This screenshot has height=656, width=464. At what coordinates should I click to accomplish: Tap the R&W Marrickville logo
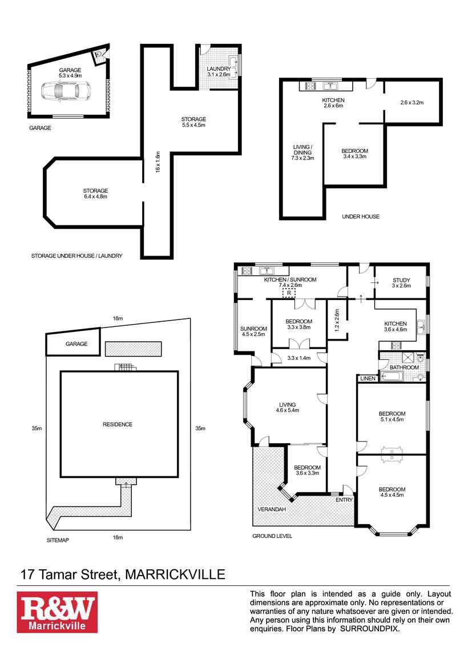(57, 612)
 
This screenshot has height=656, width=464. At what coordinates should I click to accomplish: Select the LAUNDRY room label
(219, 69)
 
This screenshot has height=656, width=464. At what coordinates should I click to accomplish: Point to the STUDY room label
(401, 280)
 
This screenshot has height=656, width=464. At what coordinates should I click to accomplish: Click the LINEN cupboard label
(366, 378)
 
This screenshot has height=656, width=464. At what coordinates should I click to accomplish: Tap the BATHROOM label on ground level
(404, 367)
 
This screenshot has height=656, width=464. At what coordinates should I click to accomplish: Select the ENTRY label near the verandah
(344, 500)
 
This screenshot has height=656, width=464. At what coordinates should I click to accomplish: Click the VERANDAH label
(271, 509)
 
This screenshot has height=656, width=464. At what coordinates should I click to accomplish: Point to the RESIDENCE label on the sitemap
(118, 424)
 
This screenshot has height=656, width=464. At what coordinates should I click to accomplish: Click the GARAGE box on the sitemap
(76, 344)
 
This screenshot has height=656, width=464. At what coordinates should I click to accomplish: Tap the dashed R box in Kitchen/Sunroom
(289, 293)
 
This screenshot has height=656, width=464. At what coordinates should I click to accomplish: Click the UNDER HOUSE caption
(360, 217)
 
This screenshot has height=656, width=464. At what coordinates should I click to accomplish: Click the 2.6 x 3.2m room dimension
(411, 103)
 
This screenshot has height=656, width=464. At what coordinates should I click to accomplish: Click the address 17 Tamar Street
(69, 574)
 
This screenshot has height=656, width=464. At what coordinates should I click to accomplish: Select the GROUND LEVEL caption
(272, 536)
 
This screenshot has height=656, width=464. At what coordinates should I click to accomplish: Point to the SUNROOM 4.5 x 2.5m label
(253, 331)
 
